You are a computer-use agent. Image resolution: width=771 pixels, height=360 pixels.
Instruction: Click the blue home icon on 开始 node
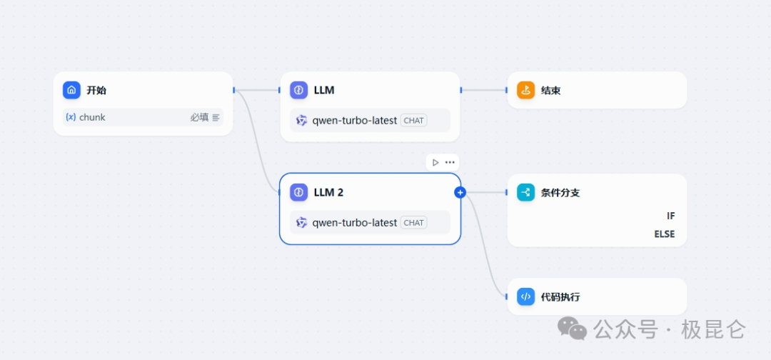tap(71, 90)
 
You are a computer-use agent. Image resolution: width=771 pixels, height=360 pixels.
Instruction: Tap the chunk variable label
tap(92, 117)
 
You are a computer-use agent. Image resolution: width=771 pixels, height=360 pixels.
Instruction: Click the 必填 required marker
tap(199, 117)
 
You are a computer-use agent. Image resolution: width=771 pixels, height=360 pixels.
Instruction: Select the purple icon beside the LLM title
tap(298, 90)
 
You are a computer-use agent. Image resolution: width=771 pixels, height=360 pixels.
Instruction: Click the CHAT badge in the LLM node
tap(413, 121)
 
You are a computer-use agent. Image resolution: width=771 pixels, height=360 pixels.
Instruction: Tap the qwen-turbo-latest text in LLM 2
tap(354, 223)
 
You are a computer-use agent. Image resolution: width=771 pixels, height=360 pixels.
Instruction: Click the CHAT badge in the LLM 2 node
tap(413, 223)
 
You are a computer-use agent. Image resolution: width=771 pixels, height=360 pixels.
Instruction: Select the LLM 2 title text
tap(328, 192)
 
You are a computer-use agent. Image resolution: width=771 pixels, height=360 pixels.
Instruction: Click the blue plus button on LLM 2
tap(460, 192)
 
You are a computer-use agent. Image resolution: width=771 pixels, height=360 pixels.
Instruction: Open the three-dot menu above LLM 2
tap(450, 162)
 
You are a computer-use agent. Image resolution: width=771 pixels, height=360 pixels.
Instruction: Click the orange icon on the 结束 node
tap(525, 90)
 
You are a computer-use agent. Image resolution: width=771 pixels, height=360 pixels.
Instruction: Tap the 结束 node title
tap(550, 91)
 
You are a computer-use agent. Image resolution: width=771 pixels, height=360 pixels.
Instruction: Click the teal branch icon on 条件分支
tap(525, 192)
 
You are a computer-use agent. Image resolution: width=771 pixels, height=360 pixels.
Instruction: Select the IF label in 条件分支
tap(670, 216)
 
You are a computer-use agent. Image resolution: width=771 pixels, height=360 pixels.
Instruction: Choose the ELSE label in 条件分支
tap(664, 234)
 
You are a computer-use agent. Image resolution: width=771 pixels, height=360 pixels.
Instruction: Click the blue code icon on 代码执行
tap(525, 296)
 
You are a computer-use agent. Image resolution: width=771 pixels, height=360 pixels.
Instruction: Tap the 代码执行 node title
tap(560, 296)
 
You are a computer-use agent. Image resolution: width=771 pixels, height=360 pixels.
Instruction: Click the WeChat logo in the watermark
tap(572, 329)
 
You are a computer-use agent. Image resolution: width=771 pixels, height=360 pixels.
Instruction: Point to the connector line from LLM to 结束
tap(484, 90)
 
